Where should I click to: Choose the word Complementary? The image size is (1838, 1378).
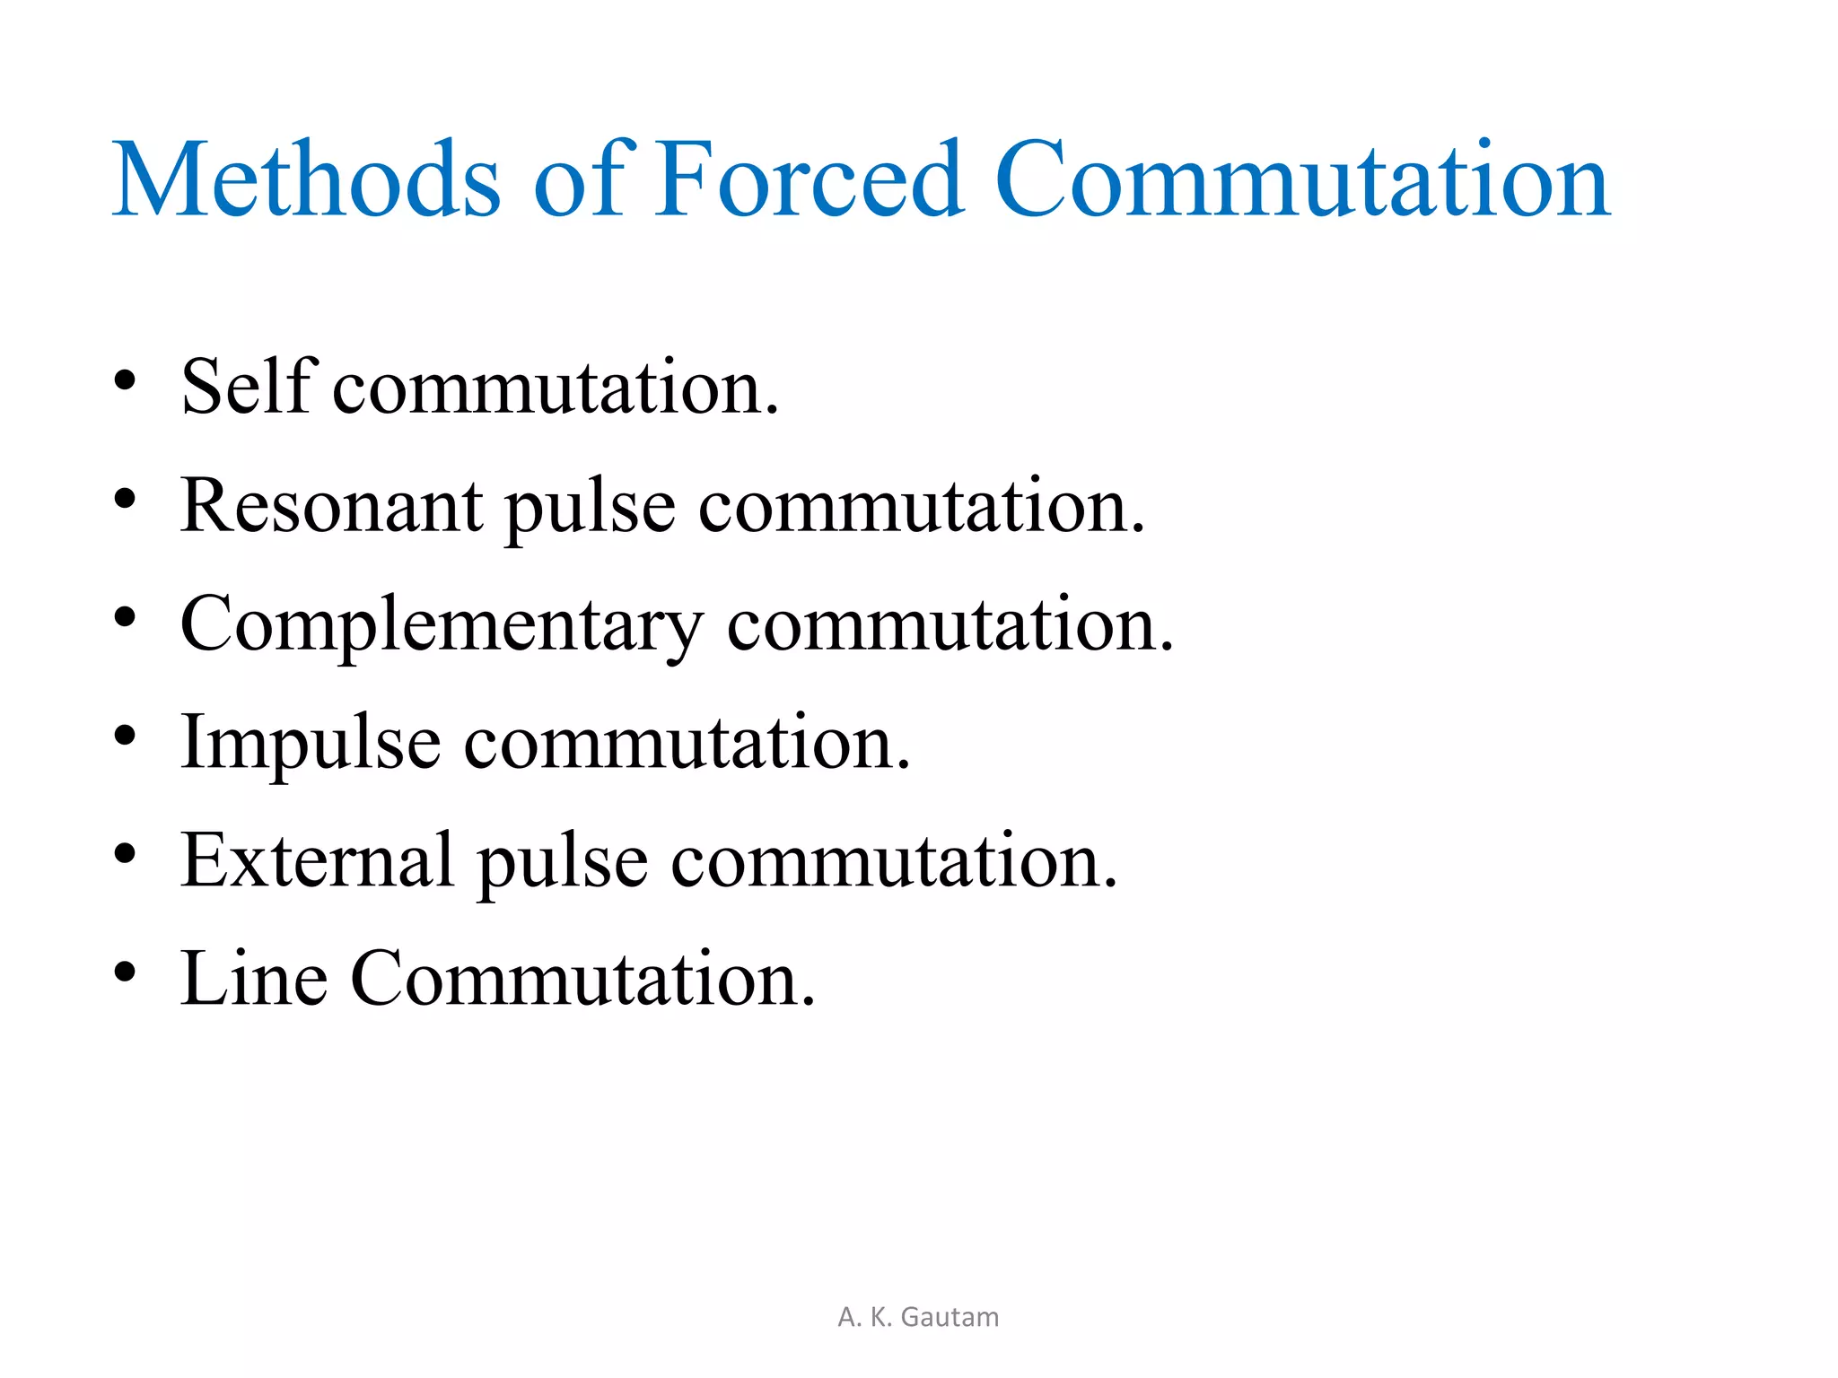tap(441, 625)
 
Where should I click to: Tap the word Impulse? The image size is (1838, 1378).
tap(311, 743)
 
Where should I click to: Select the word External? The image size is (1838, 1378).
tap(317, 860)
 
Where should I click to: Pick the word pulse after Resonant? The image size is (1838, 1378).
tap(590, 507)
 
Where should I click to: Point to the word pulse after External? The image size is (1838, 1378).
tap(562, 862)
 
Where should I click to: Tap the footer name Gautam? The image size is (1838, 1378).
tap(950, 1317)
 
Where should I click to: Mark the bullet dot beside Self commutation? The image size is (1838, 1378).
tap(126, 381)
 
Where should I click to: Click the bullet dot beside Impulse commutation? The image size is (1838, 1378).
tap(126, 736)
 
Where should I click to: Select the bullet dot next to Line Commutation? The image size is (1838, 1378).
tap(126, 972)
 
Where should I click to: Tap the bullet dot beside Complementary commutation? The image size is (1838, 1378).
tap(126, 617)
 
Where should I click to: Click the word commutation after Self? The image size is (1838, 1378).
tap(556, 388)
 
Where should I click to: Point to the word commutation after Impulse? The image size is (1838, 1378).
tap(687, 744)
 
